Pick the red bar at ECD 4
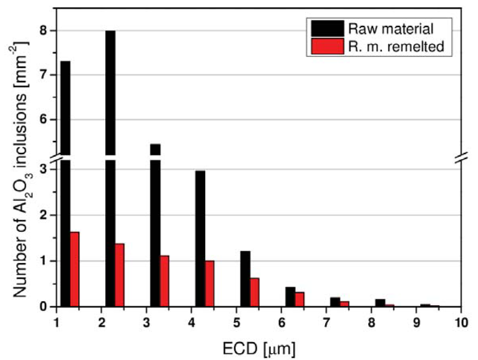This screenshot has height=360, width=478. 209,283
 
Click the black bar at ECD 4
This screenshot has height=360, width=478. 200,239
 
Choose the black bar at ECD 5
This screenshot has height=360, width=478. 245,279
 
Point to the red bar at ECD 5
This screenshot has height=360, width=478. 254,292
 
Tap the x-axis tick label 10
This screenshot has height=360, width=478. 461,321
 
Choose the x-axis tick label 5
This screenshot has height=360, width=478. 236,321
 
